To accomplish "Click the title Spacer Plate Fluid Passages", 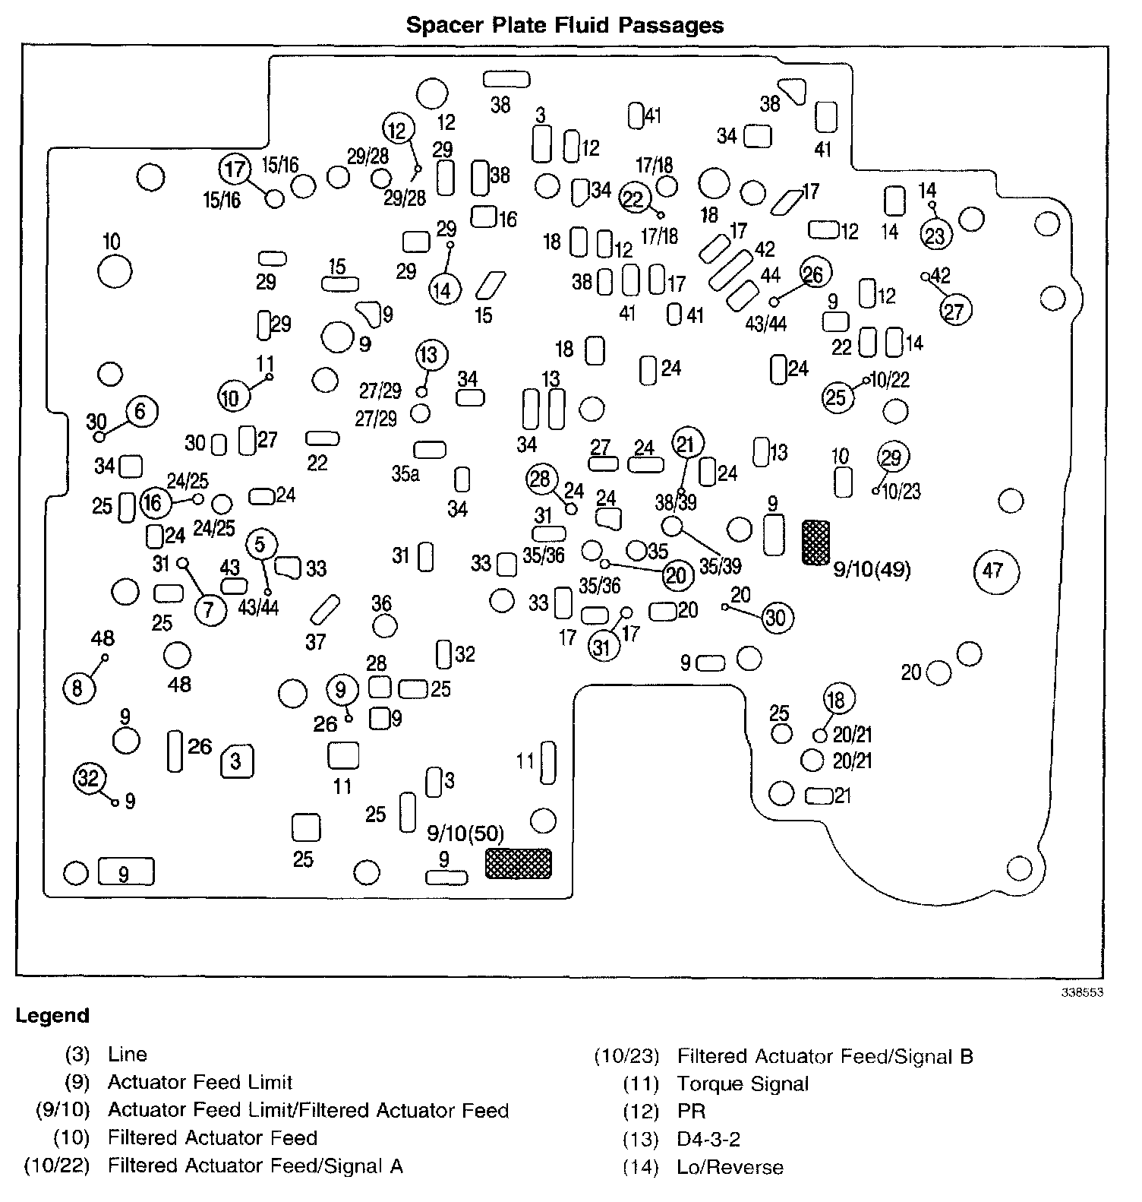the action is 564,25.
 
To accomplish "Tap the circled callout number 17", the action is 235,168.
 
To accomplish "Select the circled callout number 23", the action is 935,235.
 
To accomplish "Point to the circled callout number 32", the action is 89,779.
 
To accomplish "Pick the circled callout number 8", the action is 77,688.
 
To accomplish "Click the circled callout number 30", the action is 774,618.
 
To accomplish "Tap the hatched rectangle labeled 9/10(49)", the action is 816,542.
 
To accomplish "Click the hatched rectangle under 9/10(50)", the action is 519,863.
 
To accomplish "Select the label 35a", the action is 405,474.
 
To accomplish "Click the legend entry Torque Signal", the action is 742,1083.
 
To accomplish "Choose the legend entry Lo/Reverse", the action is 729,1167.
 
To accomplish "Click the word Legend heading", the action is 52,1016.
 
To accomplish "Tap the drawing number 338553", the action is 1082,992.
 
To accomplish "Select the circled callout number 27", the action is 954,311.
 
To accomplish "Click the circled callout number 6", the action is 140,411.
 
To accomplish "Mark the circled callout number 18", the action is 836,699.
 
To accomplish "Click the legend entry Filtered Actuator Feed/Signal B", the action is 825,1056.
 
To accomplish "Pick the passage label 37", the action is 315,642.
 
